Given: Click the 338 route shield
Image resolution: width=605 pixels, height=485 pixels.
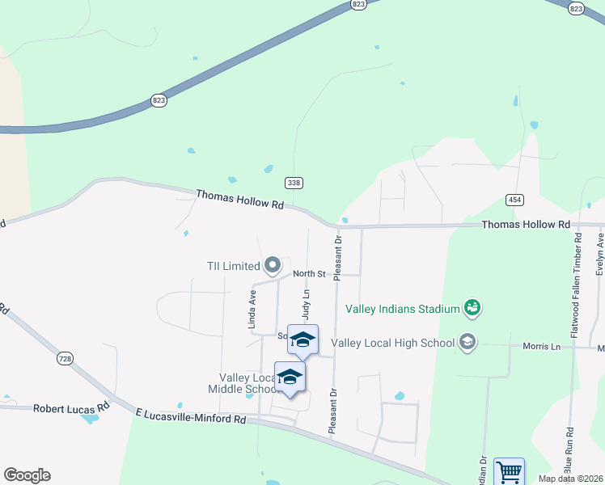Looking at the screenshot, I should (294, 183).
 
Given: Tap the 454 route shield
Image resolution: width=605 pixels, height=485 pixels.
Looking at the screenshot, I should (514, 199).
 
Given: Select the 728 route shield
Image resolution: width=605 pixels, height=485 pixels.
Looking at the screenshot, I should (66, 356).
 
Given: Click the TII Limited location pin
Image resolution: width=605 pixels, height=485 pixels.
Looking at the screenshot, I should (273, 264).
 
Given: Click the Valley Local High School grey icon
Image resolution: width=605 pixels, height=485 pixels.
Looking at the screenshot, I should (467, 342).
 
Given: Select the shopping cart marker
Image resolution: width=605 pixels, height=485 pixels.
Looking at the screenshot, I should (509, 471).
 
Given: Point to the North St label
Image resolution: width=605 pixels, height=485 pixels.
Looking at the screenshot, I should (309, 274).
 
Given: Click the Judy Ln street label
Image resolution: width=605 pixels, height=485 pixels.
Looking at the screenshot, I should (307, 306).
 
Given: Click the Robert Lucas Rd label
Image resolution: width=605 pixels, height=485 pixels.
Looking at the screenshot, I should (70, 409).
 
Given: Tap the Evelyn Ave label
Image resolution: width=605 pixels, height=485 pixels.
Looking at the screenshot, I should (599, 254).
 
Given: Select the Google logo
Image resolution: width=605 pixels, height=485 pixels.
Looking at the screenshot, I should (27, 475).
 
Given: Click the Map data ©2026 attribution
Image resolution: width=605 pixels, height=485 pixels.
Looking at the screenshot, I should (571, 479).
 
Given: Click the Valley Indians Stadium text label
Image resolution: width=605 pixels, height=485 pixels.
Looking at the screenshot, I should (402, 308).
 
